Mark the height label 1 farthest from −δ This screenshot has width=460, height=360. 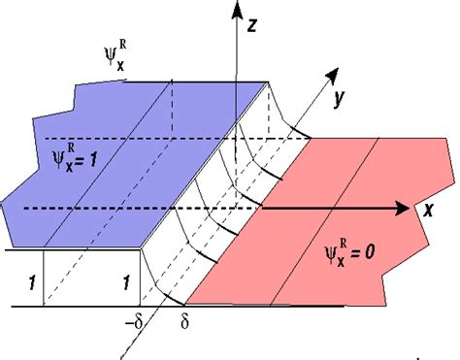pyautogui.click(x=32, y=283)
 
